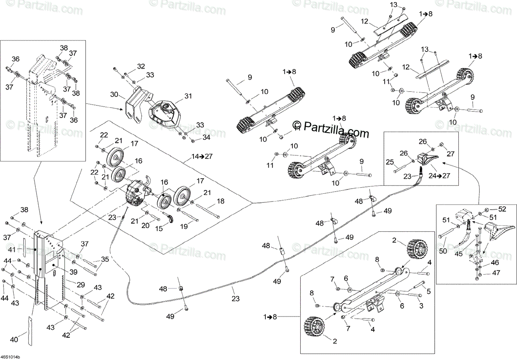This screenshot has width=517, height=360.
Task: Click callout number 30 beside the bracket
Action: coord(114,94)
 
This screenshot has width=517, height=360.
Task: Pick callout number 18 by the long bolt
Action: coord(221,201)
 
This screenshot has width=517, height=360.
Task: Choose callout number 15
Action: coord(159,229)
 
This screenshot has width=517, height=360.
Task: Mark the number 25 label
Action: coord(389,162)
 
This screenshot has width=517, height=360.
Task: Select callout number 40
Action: coord(14,340)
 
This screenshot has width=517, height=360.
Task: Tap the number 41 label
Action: coord(12,250)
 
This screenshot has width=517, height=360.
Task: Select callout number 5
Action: coord(428,291)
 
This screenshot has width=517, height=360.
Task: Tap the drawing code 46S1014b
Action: coord(10,357)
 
